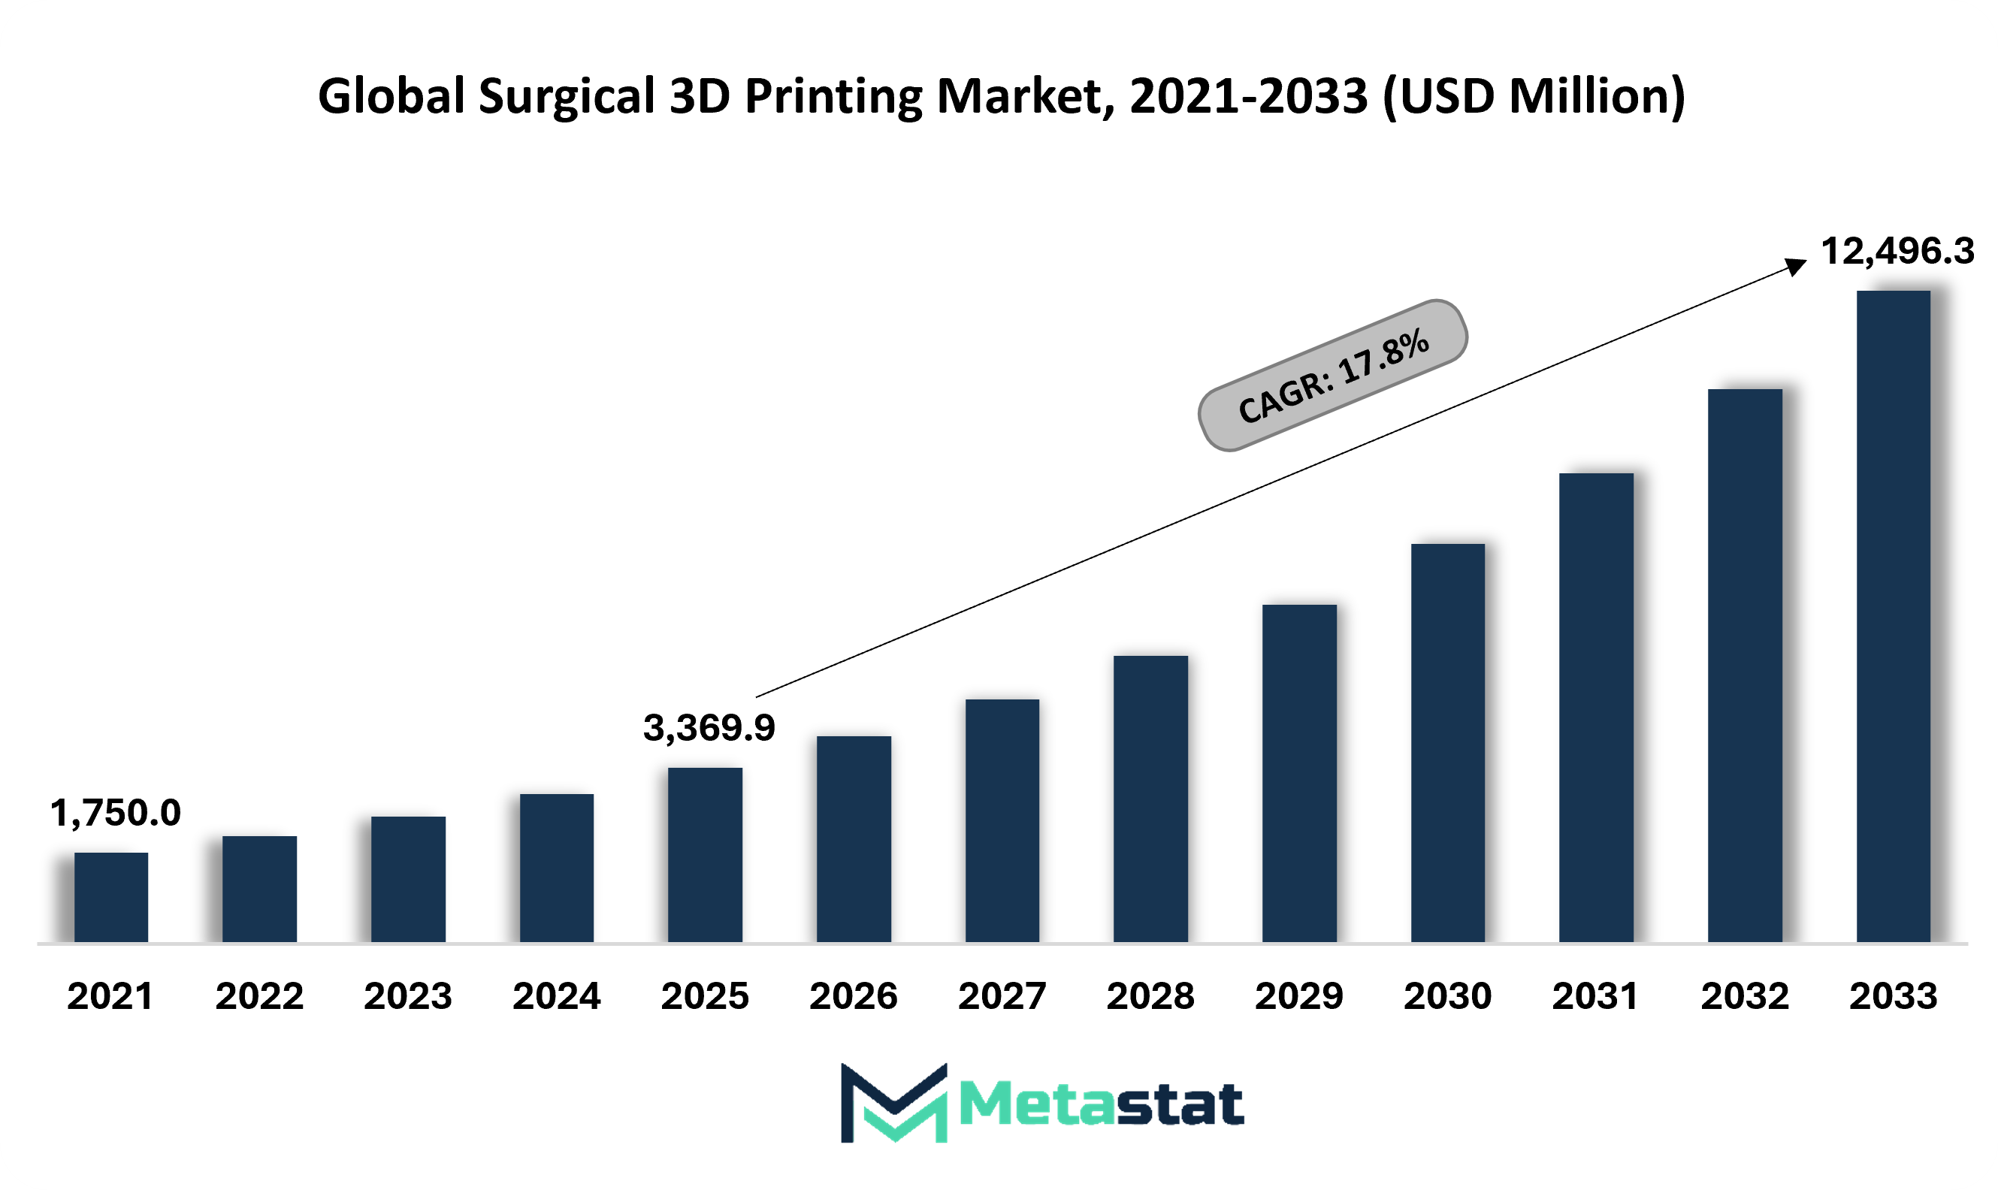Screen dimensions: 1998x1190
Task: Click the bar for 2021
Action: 111,897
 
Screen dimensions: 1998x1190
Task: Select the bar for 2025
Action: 705,855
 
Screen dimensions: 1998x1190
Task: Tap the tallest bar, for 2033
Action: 1893,617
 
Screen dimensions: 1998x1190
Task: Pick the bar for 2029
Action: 1299,774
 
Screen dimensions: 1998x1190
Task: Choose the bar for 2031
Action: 1596,708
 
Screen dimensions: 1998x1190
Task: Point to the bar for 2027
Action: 1002,821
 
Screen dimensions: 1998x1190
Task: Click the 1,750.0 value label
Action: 116,813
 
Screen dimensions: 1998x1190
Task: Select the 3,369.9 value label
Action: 709,728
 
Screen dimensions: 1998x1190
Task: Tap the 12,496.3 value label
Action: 1898,251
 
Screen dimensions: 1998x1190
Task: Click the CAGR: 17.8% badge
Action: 1333,376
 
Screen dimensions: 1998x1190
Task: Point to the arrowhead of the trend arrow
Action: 1797,265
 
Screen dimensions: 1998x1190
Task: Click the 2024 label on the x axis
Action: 557,996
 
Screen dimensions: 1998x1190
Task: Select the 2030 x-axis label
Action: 1448,996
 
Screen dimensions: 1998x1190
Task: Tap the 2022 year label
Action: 260,996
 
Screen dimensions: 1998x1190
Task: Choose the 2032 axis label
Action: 1746,996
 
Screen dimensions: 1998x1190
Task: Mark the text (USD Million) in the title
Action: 1534,97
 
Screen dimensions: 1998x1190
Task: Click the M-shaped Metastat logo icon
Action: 894,1103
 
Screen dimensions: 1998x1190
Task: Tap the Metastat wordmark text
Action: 1102,1104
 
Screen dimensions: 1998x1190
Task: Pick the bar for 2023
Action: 408,880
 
